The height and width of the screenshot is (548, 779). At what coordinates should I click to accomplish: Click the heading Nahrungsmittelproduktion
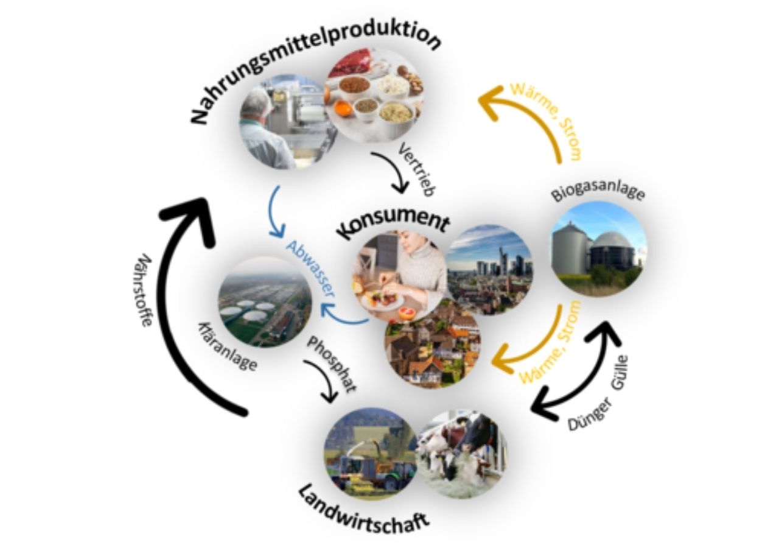tap(315, 71)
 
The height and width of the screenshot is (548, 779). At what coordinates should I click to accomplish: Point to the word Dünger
tap(589, 413)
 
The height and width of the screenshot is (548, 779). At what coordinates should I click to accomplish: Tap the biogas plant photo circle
tap(599, 249)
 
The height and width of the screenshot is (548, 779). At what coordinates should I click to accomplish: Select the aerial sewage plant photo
tap(265, 302)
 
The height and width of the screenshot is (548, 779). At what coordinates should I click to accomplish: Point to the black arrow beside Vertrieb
tap(394, 170)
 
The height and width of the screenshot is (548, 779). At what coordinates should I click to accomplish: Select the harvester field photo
tap(371, 454)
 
